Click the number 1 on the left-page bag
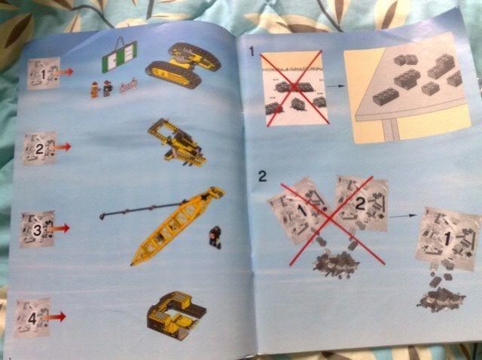click(x=44, y=74)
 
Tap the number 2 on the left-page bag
click(x=40, y=149)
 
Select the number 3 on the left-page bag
click(x=37, y=230)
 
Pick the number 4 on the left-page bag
click(x=32, y=319)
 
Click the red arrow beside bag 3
click(x=59, y=229)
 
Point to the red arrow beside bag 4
click(x=54, y=317)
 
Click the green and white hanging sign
click(x=119, y=55)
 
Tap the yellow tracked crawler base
click(x=183, y=66)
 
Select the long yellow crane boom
click(x=178, y=225)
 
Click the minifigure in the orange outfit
click(x=95, y=90)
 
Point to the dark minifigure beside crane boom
click(x=215, y=236)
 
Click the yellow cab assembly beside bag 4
click(x=176, y=316)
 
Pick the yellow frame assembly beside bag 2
click(x=177, y=142)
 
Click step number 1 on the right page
click(x=252, y=51)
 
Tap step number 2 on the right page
click(x=263, y=176)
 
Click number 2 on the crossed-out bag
click(x=361, y=203)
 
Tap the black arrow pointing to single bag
click(x=404, y=216)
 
